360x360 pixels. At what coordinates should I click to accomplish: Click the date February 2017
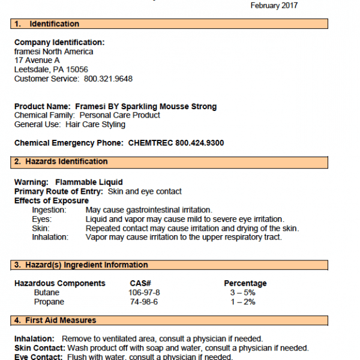(273, 5)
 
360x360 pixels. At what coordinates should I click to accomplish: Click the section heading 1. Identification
(47, 24)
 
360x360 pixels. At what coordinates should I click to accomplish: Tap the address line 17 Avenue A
(37, 61)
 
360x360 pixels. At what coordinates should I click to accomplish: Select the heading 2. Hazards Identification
(61, 162)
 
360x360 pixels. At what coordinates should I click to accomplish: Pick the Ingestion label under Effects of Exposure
(49, 210)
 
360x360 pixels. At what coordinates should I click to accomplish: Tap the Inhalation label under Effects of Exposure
(50, 237)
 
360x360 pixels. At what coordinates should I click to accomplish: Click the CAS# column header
(141, 283)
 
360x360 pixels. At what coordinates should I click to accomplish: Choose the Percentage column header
(245, 283)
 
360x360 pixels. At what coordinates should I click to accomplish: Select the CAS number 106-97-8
(145, 292)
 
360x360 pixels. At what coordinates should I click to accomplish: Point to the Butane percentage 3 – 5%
(242, 292)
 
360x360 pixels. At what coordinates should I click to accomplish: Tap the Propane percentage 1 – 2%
(242, 302)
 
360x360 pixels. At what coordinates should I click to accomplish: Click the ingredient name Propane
(49, 302)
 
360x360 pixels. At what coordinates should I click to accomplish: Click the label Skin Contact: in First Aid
(40, 348)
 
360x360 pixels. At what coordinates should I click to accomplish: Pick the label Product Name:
(43, 106)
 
